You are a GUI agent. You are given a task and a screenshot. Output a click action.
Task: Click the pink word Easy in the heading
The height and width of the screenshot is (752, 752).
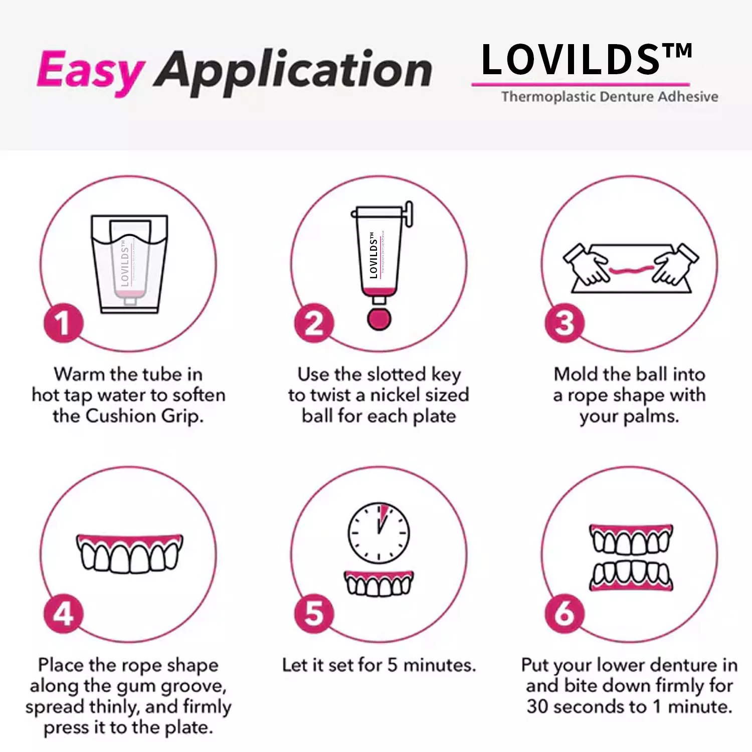(90, 71)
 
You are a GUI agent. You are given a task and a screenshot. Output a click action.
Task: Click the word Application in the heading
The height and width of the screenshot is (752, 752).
(293, 71)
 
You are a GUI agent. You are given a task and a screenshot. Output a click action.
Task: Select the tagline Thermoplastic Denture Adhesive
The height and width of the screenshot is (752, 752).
(609, 96)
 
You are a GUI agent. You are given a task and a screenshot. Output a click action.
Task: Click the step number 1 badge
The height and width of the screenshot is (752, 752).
(63, 323)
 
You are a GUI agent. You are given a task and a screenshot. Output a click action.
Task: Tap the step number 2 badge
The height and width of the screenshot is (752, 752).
(314, 323)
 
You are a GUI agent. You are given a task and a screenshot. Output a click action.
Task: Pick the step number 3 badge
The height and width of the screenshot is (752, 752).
(565, 323)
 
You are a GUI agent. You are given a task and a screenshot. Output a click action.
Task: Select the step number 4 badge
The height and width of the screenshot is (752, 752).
(63, 614)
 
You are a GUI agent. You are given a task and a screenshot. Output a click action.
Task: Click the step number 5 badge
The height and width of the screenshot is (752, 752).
(314, 614)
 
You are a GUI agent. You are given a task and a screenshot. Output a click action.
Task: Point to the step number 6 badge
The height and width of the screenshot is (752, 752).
(565, 614)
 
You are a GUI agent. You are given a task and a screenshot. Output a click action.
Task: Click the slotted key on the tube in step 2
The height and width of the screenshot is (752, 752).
(409, 213)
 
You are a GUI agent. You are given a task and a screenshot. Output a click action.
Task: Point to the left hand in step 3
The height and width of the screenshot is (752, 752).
(586, 263)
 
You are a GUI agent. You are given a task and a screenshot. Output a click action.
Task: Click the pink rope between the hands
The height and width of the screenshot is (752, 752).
(631, 271)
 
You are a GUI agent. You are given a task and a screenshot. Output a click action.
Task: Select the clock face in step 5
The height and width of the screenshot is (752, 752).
(379, 532)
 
